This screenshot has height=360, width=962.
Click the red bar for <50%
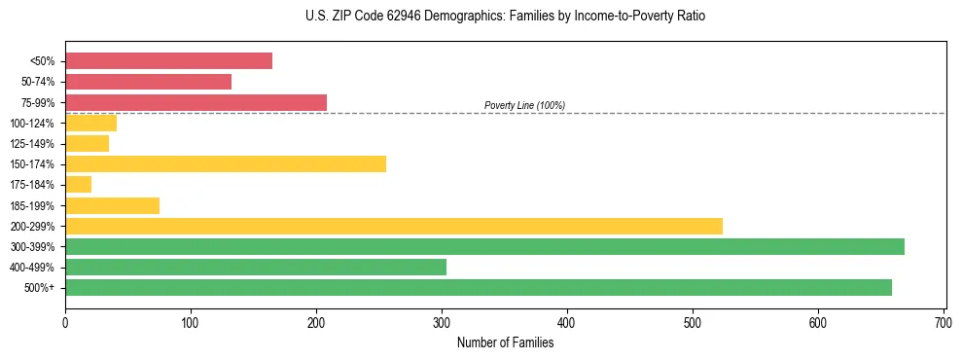[x=168, y=61]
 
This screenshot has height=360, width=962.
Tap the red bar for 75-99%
[x=196, y=102]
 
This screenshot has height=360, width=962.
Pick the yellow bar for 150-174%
[x=225, y=163]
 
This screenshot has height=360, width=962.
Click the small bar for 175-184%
[x=78, y=184]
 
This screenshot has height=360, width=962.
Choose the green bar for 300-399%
[x=484, y=246]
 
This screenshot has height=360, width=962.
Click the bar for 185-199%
[x=112, y=205]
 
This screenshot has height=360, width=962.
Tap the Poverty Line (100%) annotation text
[x=524, y=105]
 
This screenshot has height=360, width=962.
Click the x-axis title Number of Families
[x=505, y=342]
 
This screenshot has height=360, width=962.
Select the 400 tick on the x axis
[x=567, y=321]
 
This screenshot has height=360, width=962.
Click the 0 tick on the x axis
[x=65, y=321]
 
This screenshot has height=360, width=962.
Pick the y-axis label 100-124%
[x=32, y=124]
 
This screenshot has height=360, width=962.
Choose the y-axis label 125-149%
[x=32, y=144]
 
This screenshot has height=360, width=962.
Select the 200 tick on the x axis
[x=316, y=321]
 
